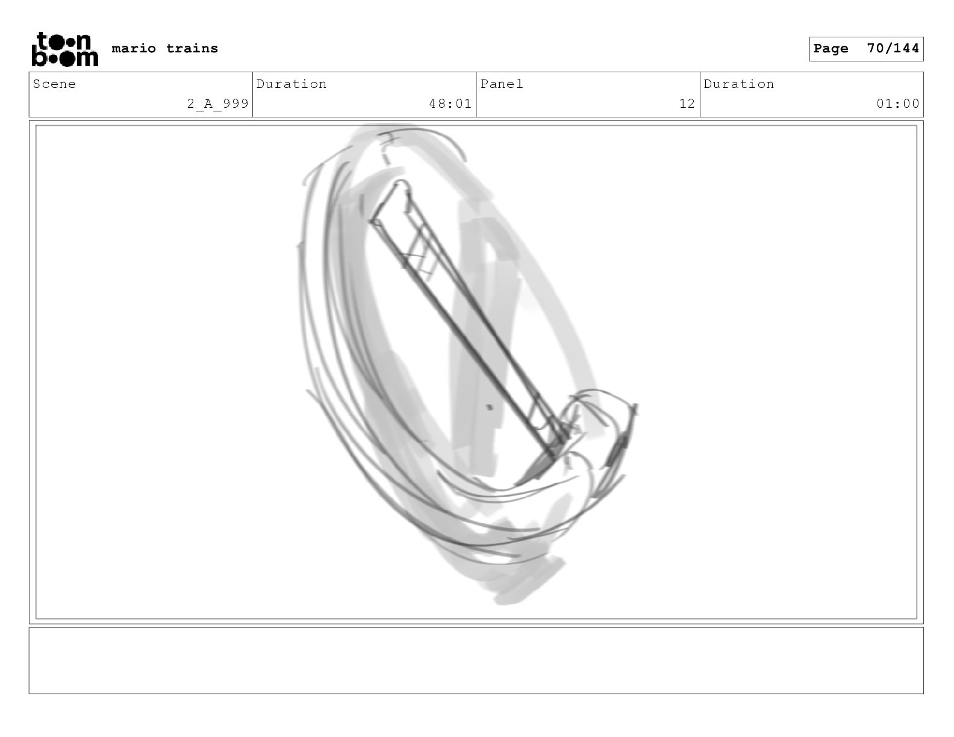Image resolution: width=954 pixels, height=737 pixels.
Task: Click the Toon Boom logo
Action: pos(65,49)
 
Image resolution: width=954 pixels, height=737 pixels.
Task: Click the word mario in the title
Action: pos(134,48)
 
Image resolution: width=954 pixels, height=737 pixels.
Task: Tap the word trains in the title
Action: pos(192,48)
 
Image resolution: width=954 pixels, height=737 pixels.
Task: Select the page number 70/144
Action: pos(893,48)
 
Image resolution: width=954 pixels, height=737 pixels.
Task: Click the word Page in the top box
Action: pos(831,48)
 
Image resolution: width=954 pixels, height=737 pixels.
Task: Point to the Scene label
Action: pos(54,84)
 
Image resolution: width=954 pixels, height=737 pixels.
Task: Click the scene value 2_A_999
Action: pos(218,104)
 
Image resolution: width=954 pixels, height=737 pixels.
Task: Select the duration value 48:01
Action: pos(450,104)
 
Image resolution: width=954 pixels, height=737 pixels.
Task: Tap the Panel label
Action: pos(502,84)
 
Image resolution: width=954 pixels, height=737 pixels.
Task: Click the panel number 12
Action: pos(687,104)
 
